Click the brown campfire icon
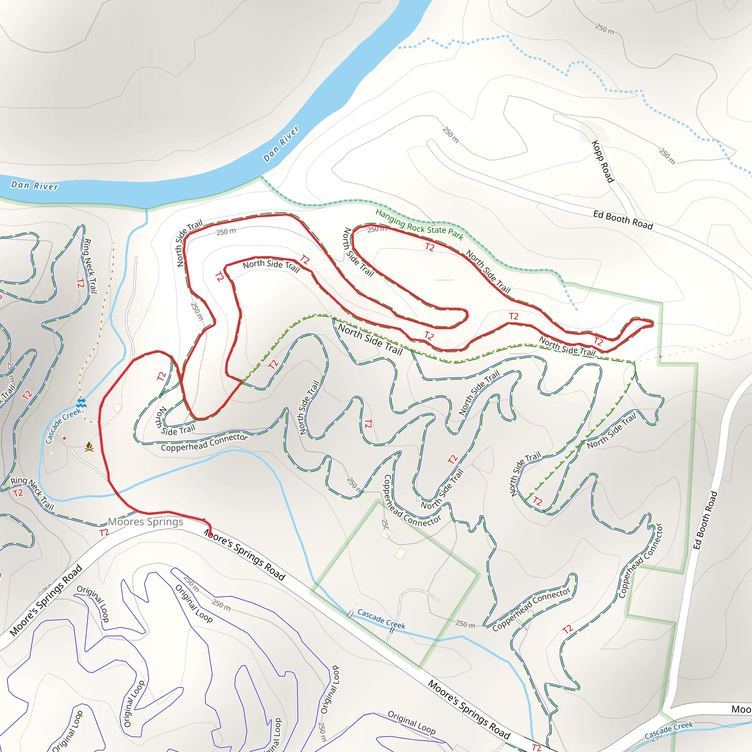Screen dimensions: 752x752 click(89, 446)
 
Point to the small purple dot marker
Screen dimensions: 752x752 click(64, 438)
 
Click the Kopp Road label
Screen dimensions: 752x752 click(603, 161)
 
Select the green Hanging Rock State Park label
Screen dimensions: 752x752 click(419, 225)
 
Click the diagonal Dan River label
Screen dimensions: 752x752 click(281, 144)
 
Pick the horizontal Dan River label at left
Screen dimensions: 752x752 click(35, 186)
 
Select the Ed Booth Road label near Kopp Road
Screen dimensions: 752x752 click(623, 220)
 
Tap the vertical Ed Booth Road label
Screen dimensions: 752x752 click(705, 520)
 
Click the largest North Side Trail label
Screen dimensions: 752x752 click(370, 339)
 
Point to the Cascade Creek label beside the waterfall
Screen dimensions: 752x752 click(63, 426)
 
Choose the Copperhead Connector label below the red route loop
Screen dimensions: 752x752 click(205, 442)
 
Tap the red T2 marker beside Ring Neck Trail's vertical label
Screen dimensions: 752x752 click(80, 283)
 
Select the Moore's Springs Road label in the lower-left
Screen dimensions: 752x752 click(46, 600)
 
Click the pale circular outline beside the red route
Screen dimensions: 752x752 click(117, 408)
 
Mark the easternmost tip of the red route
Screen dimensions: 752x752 click(653, 323)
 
